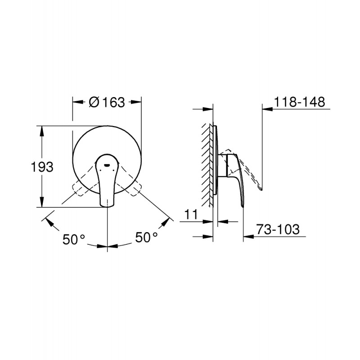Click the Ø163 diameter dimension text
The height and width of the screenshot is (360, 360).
[107, 103]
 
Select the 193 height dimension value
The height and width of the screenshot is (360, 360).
[42, 166]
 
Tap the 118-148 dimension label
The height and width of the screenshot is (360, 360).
[300, 102]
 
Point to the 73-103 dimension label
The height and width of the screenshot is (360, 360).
[278, 229]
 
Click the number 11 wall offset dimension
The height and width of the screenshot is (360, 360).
[192, 215]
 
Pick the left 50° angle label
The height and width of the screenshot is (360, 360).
[73, 239]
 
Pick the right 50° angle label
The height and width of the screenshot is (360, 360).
[146, 238]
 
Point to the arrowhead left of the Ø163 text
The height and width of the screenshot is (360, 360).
[77, 103]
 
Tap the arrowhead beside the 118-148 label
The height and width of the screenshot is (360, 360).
[266, 108]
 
